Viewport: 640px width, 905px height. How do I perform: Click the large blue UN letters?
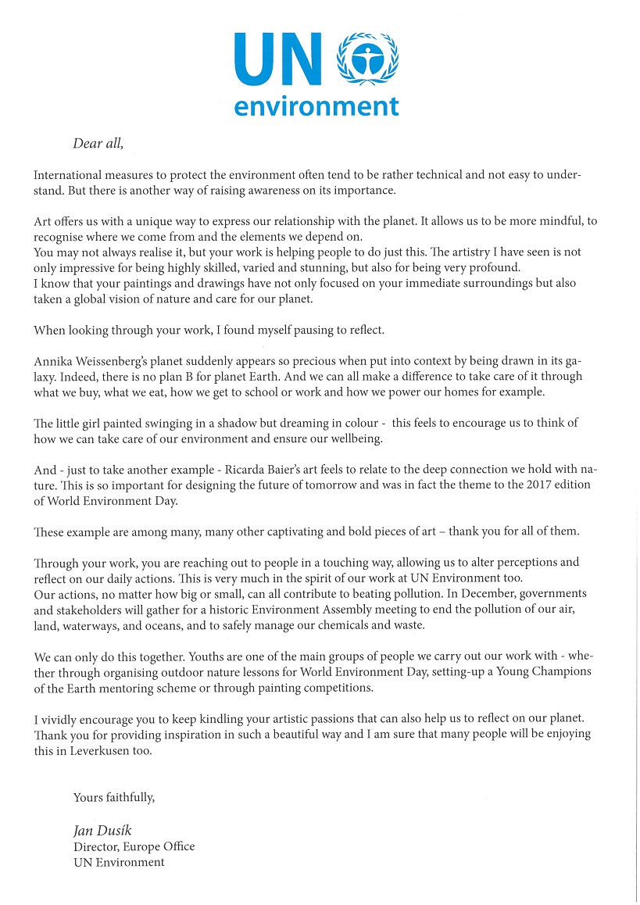(x=281, y=60)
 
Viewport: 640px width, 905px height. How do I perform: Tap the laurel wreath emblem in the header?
(x=366, y=59)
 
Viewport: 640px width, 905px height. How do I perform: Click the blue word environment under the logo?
(x=316, y=106)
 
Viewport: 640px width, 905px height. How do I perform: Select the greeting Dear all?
(x=98, y=143)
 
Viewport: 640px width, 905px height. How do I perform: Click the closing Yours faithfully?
(x=114, y=797)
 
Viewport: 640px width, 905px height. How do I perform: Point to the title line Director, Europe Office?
(x=134, y=846)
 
